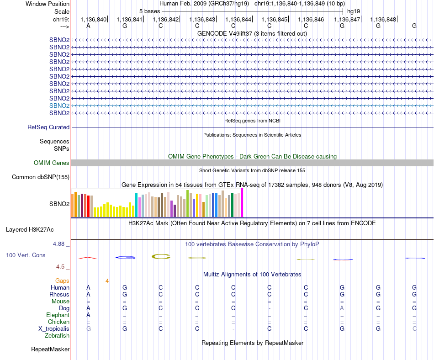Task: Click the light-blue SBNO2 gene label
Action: pyautogui.click(x=59, y=106)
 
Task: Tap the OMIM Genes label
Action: pyautogui.click(x=52, y=163)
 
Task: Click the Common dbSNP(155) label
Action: pyautogui.click(x=41, y=177)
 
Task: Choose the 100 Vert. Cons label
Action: pyautogui.click(x=26, y=255)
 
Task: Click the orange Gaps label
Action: pyautogui.click(x=62, y=281)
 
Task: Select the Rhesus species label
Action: pyautogui.click(x=59, y=295)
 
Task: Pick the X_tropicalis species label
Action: pyautogui.click(x=54, y=328)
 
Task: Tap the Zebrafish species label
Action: pyautogui.click(x=57, y=335)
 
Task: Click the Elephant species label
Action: pyautogui.click(x=58, y=315)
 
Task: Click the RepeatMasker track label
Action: pyautogui.click(x=50, y=349)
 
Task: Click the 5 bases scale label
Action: pyautogui.click(x=149, y=11)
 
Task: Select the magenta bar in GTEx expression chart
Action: pyautogui.click(x=242, y=203)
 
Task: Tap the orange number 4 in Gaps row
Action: pyautogui.click(x=107, y=281)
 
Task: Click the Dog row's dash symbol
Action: pyautogui.click(x=270, y=308)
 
